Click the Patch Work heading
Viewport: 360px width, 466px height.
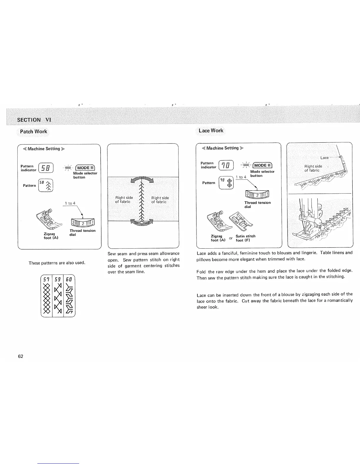(x=33, y=132)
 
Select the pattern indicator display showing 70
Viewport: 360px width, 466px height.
(x=227, y=165)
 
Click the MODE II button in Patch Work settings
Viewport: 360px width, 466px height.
(x=85, y=168)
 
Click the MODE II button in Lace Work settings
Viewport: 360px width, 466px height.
(x=263, y=165)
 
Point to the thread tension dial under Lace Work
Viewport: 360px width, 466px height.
(x=257, y=195)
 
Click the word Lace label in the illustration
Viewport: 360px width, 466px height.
(x=324, y=158)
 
